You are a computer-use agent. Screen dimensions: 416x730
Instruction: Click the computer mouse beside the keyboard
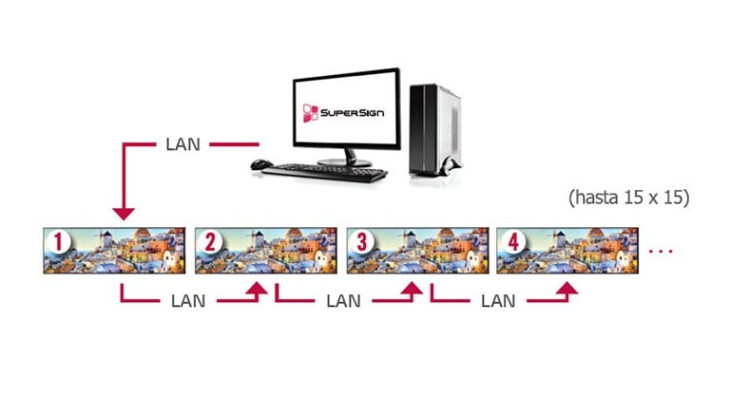click(258, 165)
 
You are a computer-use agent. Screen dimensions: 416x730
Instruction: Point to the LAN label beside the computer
click(183, 145)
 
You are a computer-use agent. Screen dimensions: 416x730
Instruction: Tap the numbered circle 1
click(60, 241)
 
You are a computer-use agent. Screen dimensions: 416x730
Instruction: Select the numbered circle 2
click(211, 241)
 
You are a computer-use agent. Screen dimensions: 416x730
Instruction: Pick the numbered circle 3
click(362, 241)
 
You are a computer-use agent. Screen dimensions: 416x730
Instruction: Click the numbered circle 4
click(513, 241)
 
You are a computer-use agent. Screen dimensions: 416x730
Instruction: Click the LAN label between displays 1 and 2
click(188, 301)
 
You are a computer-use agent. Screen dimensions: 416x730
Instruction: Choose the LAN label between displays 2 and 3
click(343, 301)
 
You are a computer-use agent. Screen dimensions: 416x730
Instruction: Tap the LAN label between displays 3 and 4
click(498, 301)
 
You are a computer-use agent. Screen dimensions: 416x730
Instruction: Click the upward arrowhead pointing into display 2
click(258, 290)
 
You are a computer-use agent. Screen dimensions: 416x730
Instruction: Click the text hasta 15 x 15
click(628, 199)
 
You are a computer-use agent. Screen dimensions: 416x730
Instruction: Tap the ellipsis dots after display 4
click(660, 252)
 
